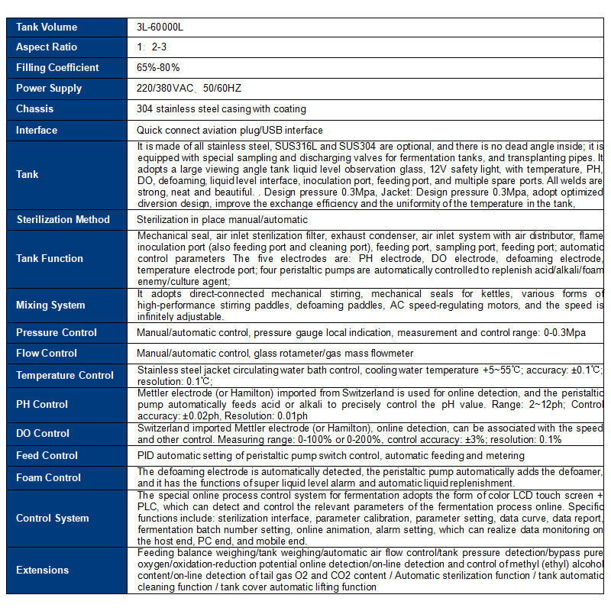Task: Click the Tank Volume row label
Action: click(47, 27)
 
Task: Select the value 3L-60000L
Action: click(160, 27)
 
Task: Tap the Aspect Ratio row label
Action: click(47, 47)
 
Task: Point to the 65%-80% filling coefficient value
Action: click(159, 68)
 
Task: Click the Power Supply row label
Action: click(49, 89)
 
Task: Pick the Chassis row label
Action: click(35, 109)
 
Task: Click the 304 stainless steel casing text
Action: click(221, 109)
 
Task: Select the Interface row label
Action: click(37, 130)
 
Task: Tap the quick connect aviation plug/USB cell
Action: click(230, 130)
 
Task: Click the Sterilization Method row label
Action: click(63, 220)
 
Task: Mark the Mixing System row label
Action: click(50, 305)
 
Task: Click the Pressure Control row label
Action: click(57, 333)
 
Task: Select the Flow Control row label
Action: click(47, 354)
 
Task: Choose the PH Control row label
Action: click(42, 405)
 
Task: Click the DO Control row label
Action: click(43, 434)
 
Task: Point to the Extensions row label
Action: click(42, 571)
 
